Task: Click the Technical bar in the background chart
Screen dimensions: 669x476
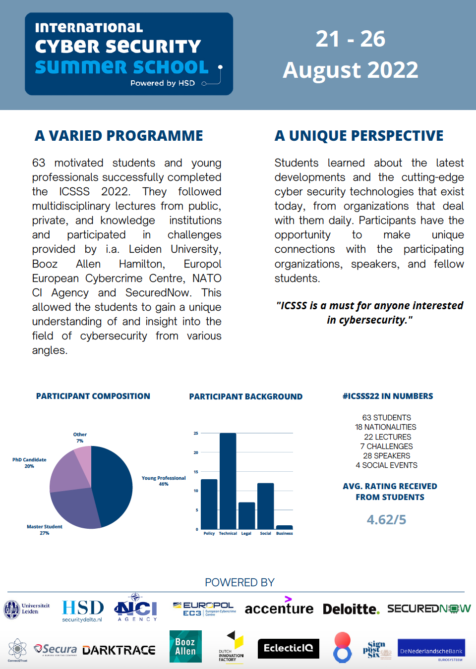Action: (x=228, y=481)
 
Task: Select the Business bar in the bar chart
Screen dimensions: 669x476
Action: (x=284, y=527)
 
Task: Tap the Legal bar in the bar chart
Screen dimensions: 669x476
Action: (x=246, y=516)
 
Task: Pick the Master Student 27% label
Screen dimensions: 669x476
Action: (x=45, y=530)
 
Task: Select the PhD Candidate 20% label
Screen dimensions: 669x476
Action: (x=29, y=463)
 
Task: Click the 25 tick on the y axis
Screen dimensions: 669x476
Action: (x=196, y=433)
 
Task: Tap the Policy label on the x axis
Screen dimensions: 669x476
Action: (x=209, y=534)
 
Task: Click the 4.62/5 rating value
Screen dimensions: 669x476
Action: (x=386, y=519)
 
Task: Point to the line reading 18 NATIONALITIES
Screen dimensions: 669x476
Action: (x=385, y=427)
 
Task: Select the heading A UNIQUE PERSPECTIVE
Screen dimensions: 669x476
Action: (x=359, y=136)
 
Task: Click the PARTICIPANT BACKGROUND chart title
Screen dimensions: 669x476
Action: (x=245, y=396)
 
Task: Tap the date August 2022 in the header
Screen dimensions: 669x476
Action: (x=351, y=70)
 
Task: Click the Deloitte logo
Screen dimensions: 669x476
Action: (x=351, y=609)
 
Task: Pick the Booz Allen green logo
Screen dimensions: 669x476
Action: (x=185, y=646)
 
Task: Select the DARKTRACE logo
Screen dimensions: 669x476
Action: (x=119, y=650)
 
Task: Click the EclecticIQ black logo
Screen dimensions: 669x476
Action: (x=288, y=648)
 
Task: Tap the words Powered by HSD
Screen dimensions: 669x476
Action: (x=163, y=83)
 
